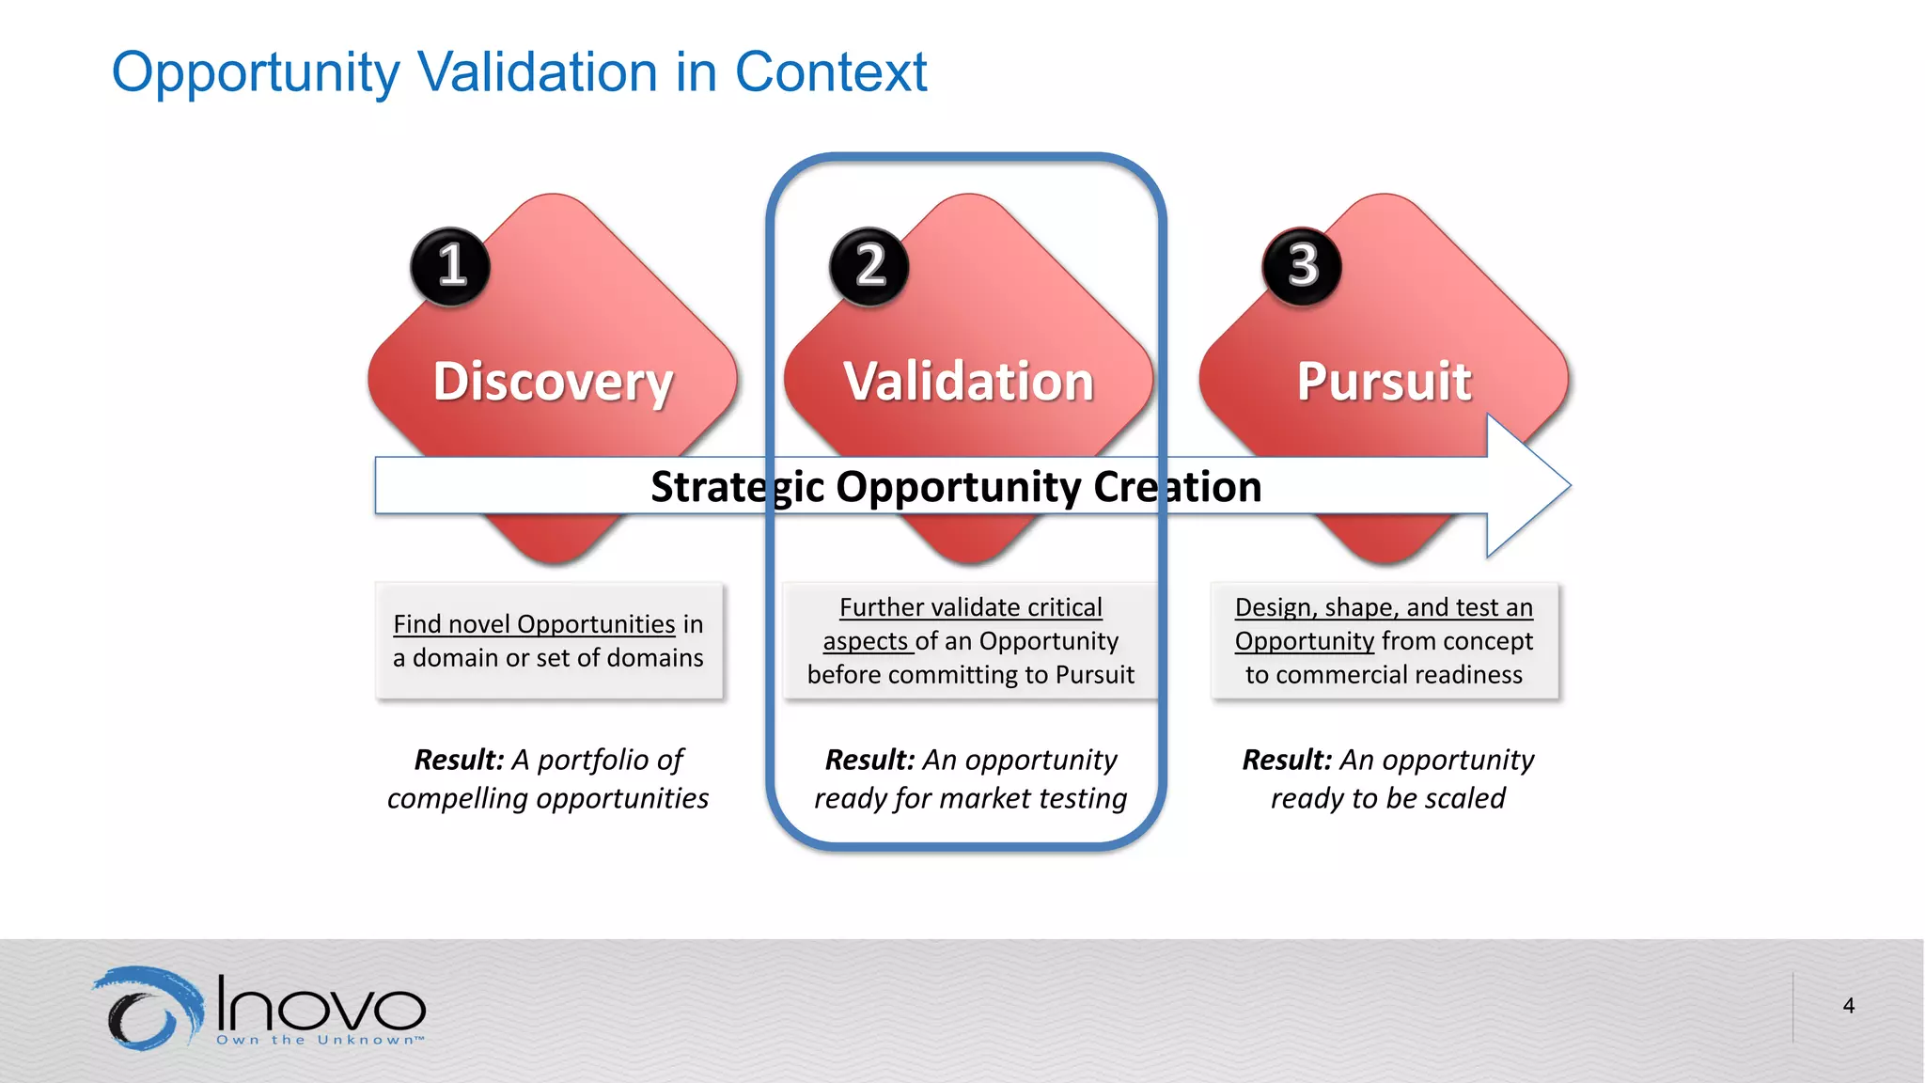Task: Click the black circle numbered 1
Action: point(450,266)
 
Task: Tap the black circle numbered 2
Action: point(869,266)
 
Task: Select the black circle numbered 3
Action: point(1302,266)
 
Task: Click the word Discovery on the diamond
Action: point(553,382)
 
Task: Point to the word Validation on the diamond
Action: point(969,382)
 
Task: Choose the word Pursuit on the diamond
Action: point(1384,382)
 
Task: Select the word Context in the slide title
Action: point(831,72)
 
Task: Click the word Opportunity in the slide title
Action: point(256,72)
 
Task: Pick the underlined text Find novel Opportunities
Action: point(534,624)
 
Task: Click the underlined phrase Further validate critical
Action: point(970,607)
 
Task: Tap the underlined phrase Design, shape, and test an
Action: point(1384,607)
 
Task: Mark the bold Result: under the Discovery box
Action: point(460,760)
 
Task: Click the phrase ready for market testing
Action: point(970,798)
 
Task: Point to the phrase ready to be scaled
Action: point(1387,798)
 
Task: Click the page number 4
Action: point(1848,1006)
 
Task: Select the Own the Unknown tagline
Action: point(320,1040)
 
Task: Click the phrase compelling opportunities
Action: point(548,798)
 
